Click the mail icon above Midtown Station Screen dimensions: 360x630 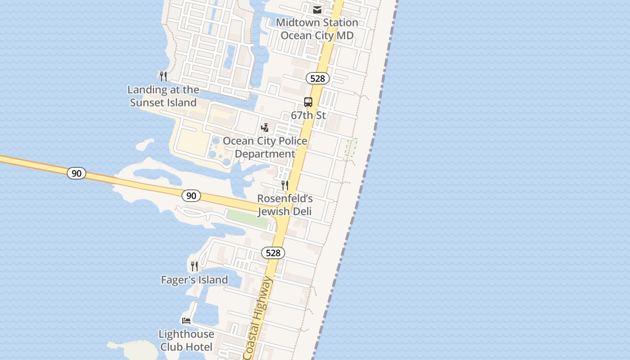[317, 10]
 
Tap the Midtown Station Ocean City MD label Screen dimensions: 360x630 [317, 29]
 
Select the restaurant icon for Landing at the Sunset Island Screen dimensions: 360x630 [163, 76]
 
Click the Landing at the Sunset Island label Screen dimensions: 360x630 [163, 96]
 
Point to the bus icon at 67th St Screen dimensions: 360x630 [308, 102]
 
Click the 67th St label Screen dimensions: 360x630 [308, 115]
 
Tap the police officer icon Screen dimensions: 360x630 [265, 128]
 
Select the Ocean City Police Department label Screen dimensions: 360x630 [265, 147]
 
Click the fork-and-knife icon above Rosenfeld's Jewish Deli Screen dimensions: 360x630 [285, 185]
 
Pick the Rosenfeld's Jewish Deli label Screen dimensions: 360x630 [285, 205]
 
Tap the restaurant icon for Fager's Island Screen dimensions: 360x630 [194, 266]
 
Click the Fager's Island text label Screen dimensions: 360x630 [194, 280]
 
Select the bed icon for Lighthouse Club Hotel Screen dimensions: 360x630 [186, 321]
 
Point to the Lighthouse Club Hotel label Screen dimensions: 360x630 [186, 341]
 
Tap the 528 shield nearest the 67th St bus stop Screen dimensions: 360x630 [318, 78]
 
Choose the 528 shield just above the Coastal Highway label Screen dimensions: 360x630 [273, 253]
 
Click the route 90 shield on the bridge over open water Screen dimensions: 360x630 [76, 173]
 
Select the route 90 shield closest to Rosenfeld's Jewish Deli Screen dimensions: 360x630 [191, 195]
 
